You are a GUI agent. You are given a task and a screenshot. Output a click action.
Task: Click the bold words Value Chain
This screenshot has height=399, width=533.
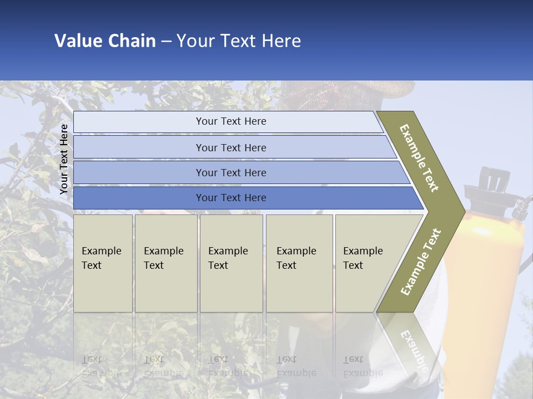[x=105, y=41]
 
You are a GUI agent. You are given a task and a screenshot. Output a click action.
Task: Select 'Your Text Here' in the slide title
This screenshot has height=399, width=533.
[x=239, y=41]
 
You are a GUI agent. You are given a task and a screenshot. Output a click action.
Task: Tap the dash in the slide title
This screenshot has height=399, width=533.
[x=166, y=42]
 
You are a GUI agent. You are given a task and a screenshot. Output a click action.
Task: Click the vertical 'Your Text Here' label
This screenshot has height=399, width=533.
[x=64, y=159]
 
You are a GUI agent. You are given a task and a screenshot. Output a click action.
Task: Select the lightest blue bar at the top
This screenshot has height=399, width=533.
[x=228, y=122]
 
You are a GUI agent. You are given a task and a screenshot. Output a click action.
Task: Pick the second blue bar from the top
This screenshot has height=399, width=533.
[x=230, y=147]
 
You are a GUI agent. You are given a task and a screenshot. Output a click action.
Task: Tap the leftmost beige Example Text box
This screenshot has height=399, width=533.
[x=103, y=263]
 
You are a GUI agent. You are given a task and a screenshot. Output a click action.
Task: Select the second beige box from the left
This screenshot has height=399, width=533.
[x=166, y=263]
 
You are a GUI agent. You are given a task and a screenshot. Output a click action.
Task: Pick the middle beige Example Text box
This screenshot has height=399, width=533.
[x=231, y=263]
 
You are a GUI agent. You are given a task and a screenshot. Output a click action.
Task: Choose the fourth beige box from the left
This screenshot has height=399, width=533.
[x=299, y=263]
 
